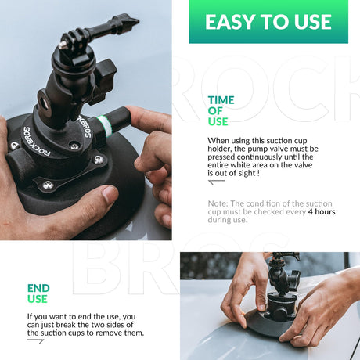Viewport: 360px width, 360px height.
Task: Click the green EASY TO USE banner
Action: coord(268,22)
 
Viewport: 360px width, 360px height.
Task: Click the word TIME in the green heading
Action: coord(221,100)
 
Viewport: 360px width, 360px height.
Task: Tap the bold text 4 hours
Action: coord(322,211)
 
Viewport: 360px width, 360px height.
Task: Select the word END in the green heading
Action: coord(38,288)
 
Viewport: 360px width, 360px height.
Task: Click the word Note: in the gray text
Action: coord(218,203)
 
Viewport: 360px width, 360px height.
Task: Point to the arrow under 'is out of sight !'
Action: coord(216,182)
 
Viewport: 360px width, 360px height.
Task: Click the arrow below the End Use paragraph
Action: coord(35,340)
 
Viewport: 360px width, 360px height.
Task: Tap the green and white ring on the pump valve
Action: coord(104,126)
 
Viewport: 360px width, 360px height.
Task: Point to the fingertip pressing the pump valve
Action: coord(131,111)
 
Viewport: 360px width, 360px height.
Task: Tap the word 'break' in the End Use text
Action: coord(66,325)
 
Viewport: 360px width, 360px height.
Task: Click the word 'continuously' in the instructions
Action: coord(259,157)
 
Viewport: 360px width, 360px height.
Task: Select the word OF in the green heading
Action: coord(215,111)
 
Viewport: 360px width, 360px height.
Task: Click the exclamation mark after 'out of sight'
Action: coord(258,173)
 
